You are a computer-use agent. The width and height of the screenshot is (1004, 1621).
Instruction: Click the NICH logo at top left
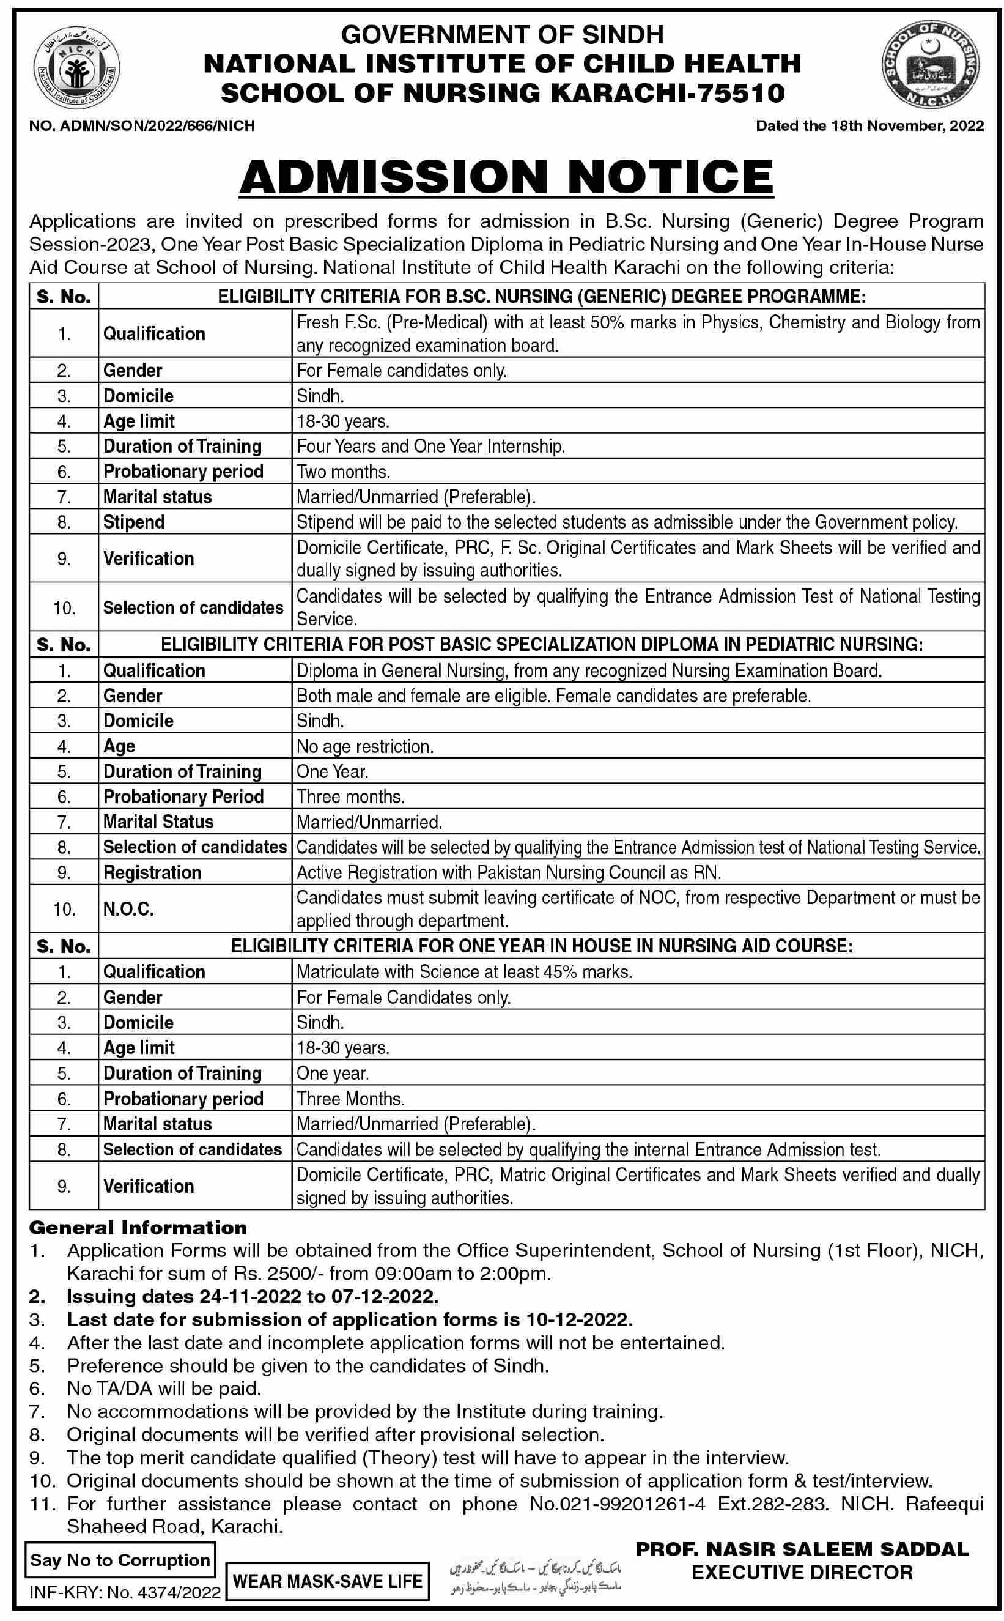tap(77, 68)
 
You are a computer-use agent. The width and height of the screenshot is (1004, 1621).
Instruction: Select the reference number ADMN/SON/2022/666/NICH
tap(156, 125)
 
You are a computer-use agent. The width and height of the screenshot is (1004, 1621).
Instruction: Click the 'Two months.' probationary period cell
tap(343, 472)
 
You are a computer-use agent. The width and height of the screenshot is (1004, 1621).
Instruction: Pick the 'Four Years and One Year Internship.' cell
tap(431, 447)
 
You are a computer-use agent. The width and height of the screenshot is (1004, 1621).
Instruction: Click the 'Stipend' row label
tap(133, 522)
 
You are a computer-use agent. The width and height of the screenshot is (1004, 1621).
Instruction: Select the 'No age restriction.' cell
tap(365, 747)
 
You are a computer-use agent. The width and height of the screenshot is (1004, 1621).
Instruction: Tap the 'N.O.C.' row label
tap(128, 909)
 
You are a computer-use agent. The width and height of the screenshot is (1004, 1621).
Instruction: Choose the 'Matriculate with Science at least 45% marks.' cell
tap(464, 972)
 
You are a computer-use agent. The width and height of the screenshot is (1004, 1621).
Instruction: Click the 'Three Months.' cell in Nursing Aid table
tap(350, 1099)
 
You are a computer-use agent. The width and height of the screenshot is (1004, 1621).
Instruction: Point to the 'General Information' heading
tap(138, 1228)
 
